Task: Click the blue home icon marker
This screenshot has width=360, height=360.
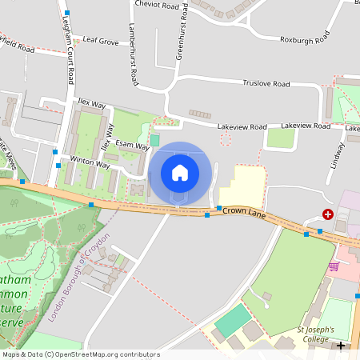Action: pyautogui.click(x=180, y=173)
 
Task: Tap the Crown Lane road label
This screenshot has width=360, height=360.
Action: pyautogui.click(x=243, y=212)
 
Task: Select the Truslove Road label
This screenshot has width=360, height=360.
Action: pyautogui.click(x=266, y=83)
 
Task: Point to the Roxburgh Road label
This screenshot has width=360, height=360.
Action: pyautogui.click(x=306, y=38)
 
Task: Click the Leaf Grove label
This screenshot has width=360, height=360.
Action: pyautogui.click(x=101, y=40)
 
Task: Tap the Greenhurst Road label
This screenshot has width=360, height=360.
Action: pyautogui.click(x=182, y=33)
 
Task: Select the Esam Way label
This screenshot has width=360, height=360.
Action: pyautogui.click(x=132, y=145)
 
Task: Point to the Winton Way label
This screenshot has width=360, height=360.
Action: pyautogui.click(x=90, y=162)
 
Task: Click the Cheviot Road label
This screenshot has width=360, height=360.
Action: pyautogui.click(x=157, y=6)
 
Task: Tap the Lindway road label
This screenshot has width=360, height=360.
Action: pyautogui.click(x=335, y=154)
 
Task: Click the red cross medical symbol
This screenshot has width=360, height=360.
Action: pyautogui.click(x=328, y=214)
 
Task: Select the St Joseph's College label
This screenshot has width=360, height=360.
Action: pyautogui.click(x=313, y=334)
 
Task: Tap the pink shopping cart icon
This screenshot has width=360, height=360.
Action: pyautogui.click(x=333, y=266)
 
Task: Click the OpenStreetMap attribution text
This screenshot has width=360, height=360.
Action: pyautogui.click(x=80, y=354)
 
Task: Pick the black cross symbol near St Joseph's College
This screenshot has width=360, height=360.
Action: pyautogui.click(x=341, y=346)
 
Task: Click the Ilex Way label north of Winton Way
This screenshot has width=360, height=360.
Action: pyautogui.click(x=92, y=104)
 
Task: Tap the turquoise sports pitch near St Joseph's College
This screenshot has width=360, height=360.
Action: pyautogui.click(x=232, y=320)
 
